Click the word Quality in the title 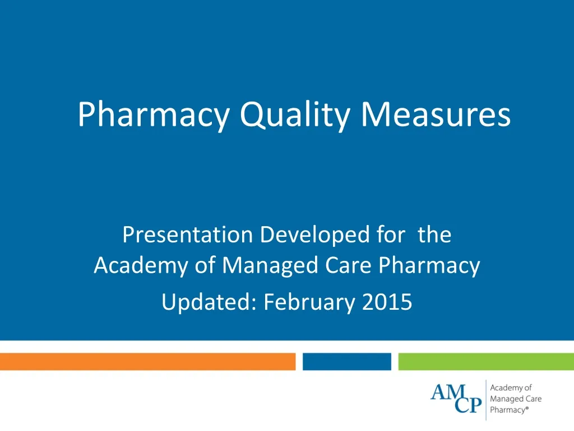click(295, 115)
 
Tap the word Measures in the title click(436, 114)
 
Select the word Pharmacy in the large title click(154, 115)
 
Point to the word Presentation click(188, 235)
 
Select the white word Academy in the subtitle click(141, 265)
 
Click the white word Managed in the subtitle click(270, 265)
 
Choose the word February click(309, 302)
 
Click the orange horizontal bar click(147, 362)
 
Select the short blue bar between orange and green click(346, 362)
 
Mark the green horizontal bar click(486, 362)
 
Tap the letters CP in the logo click(468, 405)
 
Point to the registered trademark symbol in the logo click(527, 408)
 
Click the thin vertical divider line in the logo click(486, 400)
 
